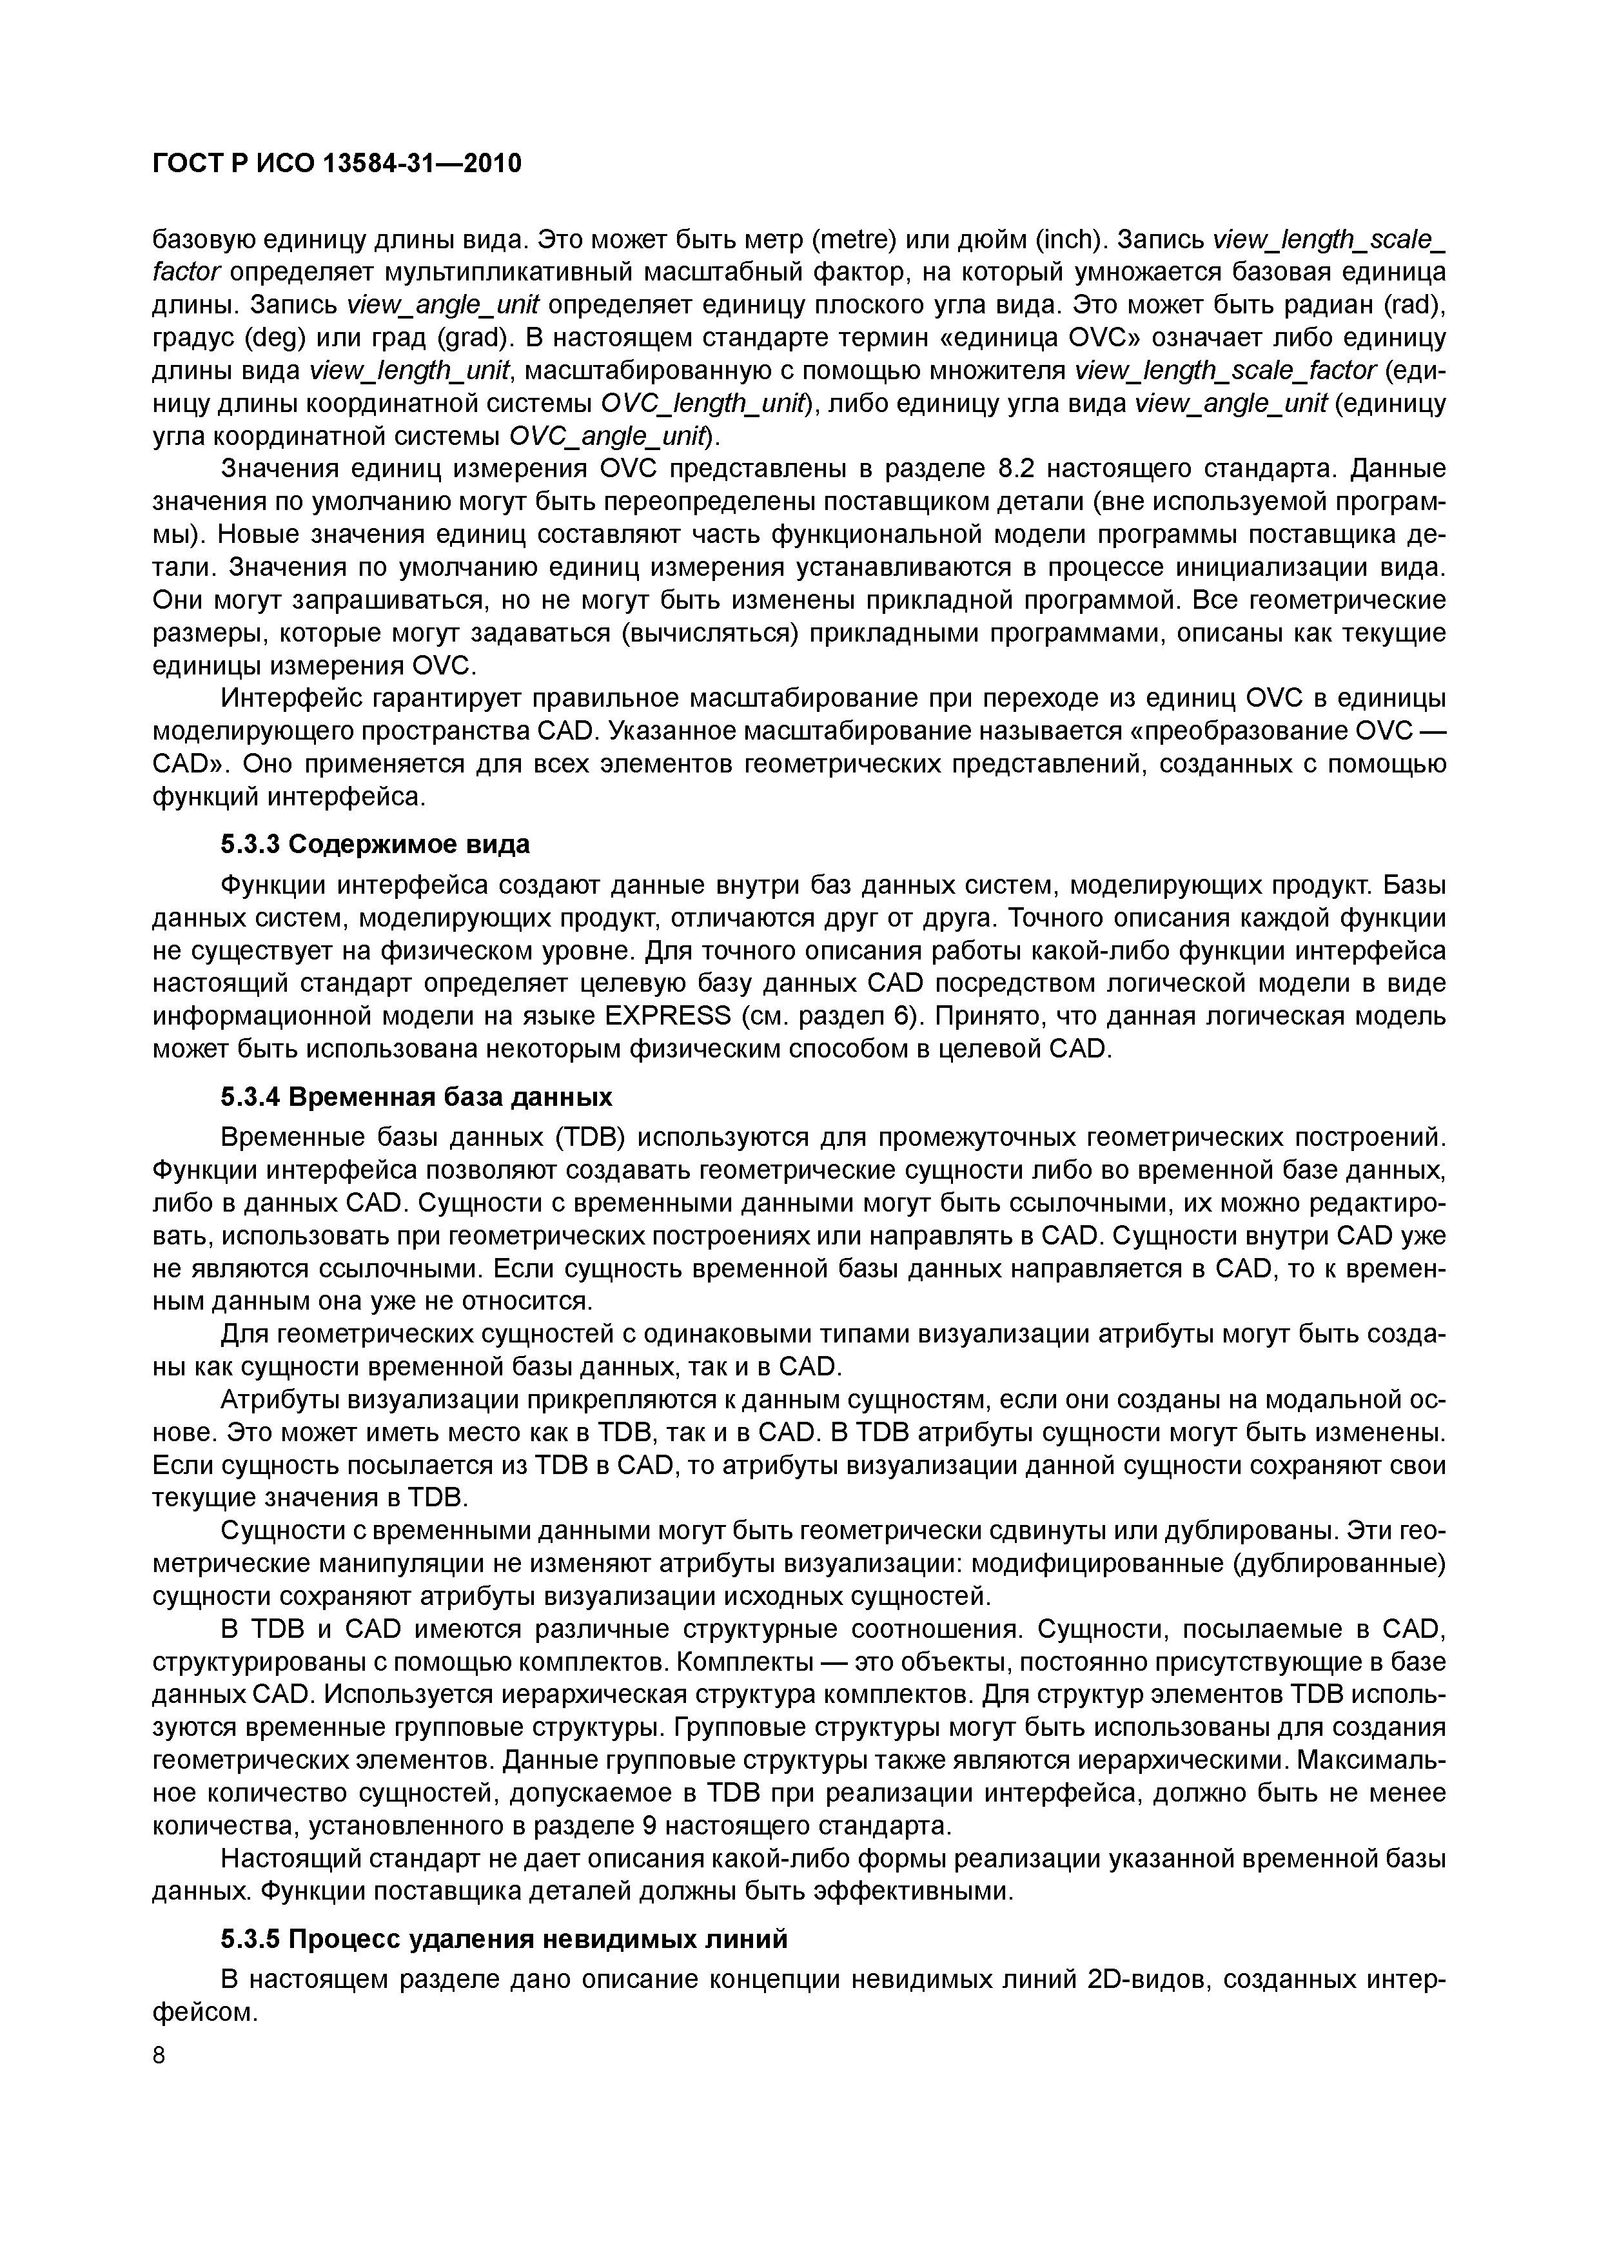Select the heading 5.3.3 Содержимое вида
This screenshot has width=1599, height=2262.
(x=375, y=844)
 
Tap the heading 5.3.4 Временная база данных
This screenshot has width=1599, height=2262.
(x=416, y=1097)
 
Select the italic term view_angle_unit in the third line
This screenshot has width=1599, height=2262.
(x=429, y=304)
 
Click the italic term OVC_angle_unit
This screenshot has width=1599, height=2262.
(x=607, y=435)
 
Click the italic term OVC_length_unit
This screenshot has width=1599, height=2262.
(x=702, y=403)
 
